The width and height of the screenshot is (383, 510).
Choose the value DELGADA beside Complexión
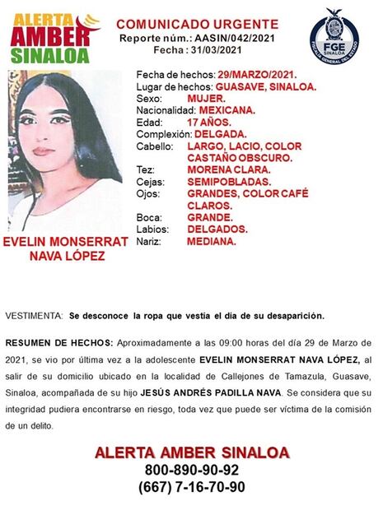pos(220,133)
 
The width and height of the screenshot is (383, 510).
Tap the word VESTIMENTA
pos(33,316)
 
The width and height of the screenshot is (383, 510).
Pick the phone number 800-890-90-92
pos(191,470)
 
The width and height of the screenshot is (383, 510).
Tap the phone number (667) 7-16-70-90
pos(191,487)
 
